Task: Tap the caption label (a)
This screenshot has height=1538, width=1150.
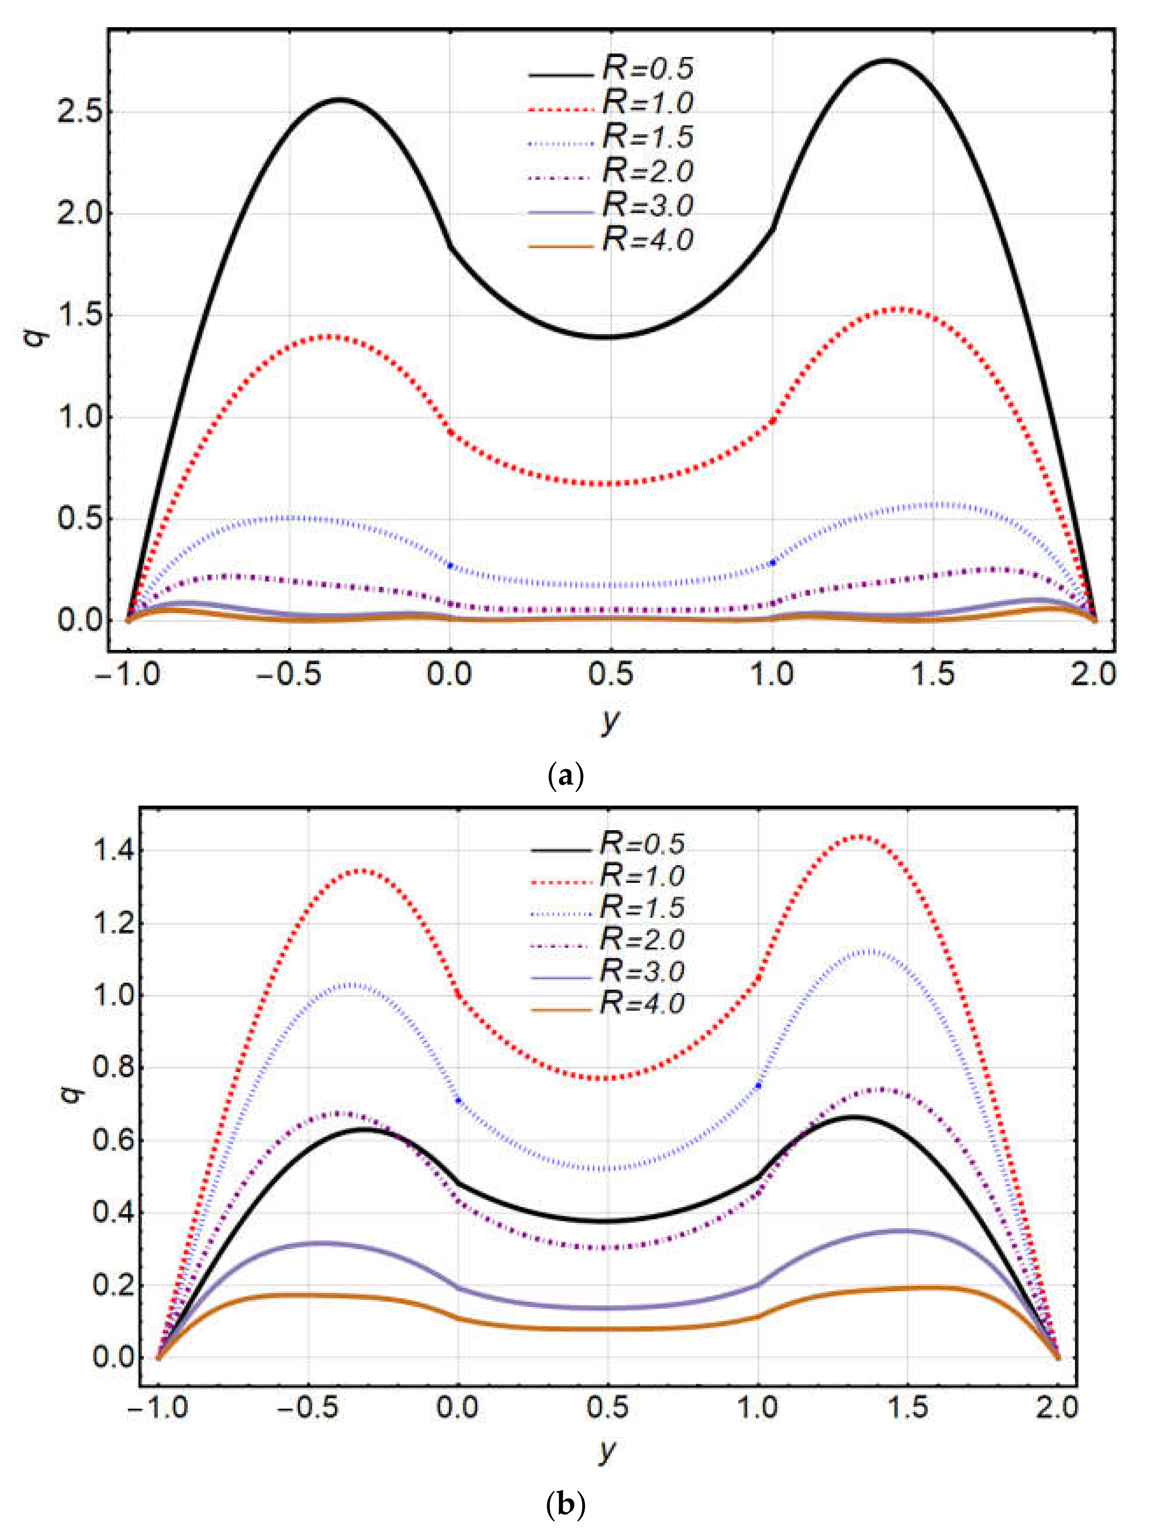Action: point(565,776)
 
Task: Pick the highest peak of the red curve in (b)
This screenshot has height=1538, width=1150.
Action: point(859,836)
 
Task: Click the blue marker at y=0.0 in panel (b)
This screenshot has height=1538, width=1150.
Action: point(458,1100)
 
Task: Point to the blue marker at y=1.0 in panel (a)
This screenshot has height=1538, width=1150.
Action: point(773,562)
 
